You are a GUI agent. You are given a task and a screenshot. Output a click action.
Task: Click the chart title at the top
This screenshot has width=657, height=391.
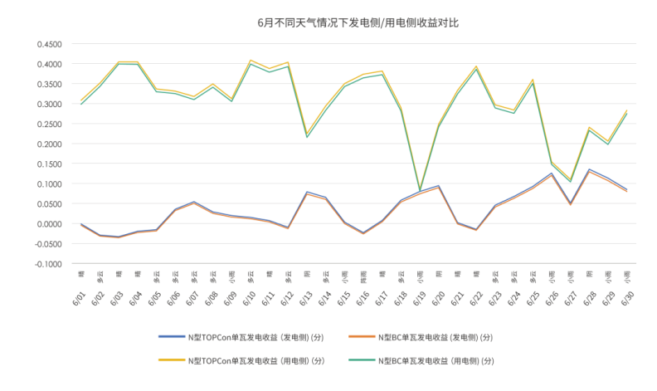tap(357, 22)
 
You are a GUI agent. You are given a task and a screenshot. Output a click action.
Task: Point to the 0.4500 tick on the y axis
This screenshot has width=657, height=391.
tap(49, 44)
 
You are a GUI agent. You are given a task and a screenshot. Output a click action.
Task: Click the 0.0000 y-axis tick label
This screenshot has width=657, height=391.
tap(49, 223)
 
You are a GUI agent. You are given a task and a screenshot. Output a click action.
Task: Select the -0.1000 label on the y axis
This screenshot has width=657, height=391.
tap(48, 264)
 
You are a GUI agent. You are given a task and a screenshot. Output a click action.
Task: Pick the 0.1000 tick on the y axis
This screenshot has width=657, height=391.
tap(49, 183)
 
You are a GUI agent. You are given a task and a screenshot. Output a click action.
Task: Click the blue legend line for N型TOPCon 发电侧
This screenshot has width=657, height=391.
tap(171, 338)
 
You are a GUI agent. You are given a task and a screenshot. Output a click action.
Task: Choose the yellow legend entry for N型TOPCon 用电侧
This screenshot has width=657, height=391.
tap(171, 361)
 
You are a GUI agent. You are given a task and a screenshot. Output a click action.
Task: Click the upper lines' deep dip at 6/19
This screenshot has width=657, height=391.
tap(420, 190)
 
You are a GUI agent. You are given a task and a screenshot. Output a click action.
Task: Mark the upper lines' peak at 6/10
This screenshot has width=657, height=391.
tap(251, 61)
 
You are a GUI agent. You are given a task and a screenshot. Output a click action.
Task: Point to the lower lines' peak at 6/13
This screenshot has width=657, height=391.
tap(307, 193)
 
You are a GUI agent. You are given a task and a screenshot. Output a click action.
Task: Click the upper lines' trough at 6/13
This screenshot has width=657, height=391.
tap(307, 134)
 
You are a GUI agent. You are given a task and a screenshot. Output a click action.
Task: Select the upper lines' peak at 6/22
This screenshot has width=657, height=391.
tap(476, 67)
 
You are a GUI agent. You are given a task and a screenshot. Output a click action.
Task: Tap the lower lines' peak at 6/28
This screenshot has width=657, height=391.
tap(589, 170)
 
